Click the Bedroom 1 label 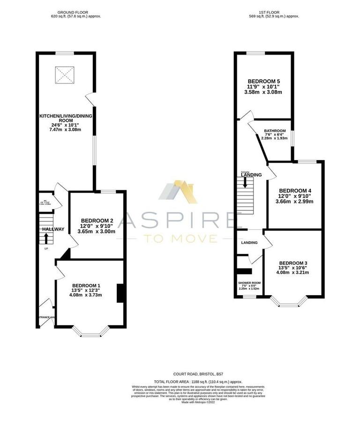(x=86, y=285)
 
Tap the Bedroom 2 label (x=97, y=221)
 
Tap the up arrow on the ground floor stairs (x=46, y=238)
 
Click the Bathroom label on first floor (x=274, y=131)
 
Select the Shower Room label (x=249, y=283)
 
